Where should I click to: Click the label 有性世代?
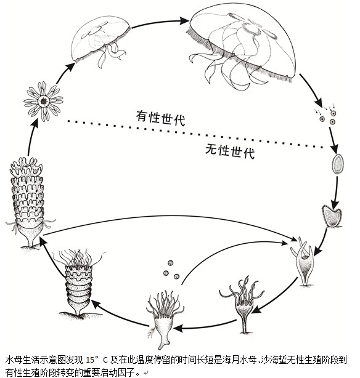160,118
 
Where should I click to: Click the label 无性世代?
230,151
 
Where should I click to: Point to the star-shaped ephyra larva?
44,101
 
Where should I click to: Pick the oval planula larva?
338,164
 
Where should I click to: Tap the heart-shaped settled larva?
332,215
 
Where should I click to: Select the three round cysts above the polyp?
171,270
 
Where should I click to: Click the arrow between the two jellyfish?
160,23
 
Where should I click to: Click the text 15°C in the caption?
96,360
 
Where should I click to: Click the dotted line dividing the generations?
195,134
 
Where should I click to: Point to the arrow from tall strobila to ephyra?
32,137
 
